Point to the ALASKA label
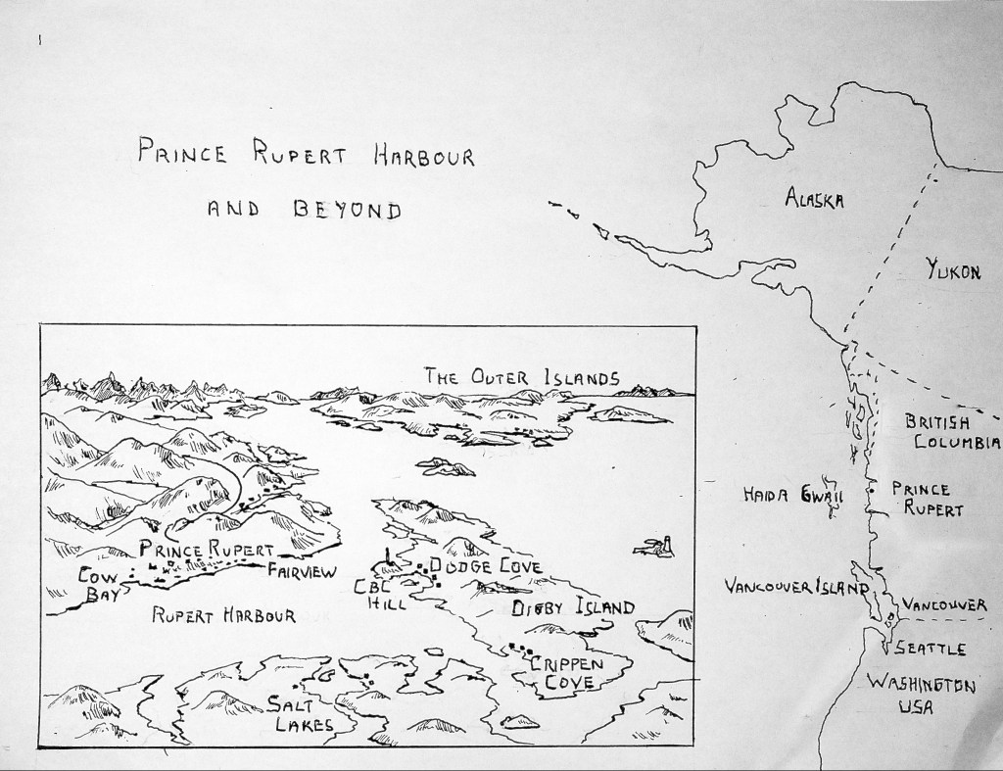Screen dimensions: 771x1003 pos(815,200)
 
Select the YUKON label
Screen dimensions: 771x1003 pos(953,271)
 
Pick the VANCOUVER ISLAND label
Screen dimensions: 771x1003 pos(796,587)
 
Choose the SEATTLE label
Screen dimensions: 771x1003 pos(932,649)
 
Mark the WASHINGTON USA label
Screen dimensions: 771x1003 pos(920,696)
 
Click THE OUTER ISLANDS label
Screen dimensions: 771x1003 pos(521,376)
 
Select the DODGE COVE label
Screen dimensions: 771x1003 pos(486,566)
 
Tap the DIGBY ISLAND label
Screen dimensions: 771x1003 pos(573,608)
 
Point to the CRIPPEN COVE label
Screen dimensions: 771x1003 pos(572,673)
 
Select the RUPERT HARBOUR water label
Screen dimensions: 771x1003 pos(224,615)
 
